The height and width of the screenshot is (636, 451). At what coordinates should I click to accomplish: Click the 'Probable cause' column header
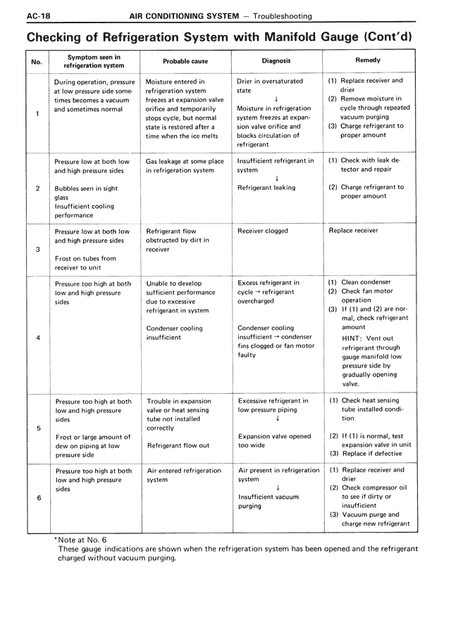pos(185,61)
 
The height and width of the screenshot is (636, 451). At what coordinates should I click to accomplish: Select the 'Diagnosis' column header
pos(276,61)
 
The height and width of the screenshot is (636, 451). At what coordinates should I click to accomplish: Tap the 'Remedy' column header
pos(368,61)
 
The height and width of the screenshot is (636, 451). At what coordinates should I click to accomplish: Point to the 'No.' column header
pos(37,61)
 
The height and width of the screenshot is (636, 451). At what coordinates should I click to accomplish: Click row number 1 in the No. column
pos(37,113)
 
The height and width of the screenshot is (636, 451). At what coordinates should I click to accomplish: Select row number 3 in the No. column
pos(37,249)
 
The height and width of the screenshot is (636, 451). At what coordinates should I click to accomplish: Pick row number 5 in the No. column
pos(37,428)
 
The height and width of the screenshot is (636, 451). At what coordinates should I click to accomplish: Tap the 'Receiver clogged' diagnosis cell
pos(263,231)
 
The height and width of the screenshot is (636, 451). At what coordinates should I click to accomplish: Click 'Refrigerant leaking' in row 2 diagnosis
pos(266,188)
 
